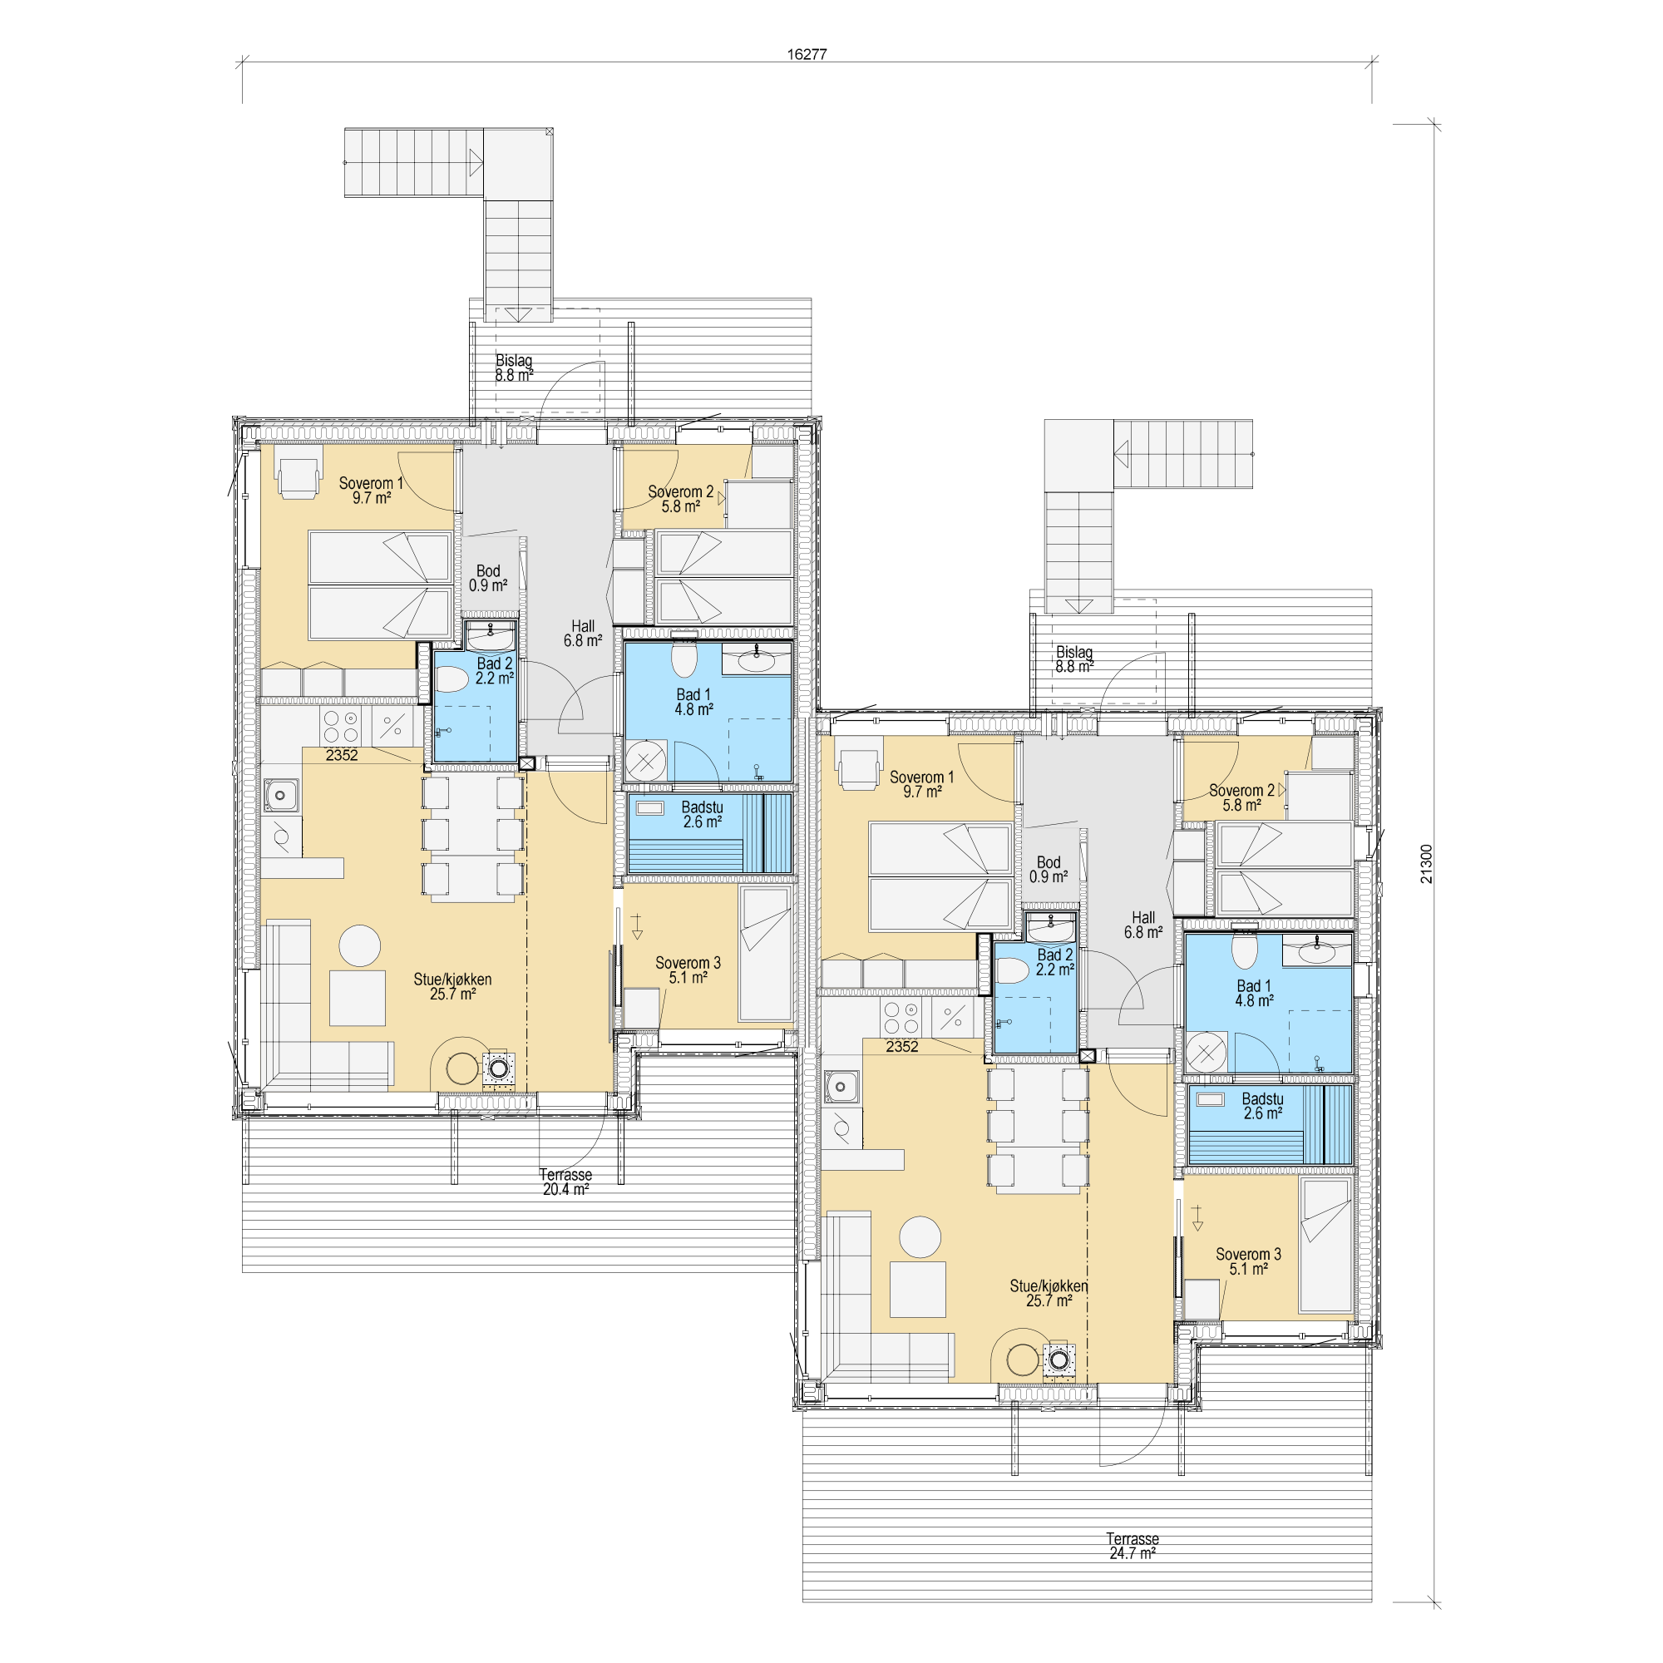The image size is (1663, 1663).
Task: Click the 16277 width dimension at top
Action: tap(807, 54)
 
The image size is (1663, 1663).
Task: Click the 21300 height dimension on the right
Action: tap(1426, 863)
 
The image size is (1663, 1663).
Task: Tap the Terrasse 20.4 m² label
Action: tap(565, 1182)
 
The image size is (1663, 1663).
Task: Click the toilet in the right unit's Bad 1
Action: tap(1245, 950)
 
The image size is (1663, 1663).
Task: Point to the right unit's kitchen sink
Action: tap(841, 1086)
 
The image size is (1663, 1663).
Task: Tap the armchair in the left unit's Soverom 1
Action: tap(299, 476)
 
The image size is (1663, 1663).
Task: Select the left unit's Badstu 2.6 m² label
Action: tap(703, 814)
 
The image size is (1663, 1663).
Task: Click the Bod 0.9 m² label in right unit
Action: tap(1049, 870)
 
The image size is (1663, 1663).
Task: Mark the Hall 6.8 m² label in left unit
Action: tap(583, 634)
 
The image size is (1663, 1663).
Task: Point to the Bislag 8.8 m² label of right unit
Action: tap(1074, 659)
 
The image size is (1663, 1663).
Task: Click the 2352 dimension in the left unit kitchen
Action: tap(342, 755)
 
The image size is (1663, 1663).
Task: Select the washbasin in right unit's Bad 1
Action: tap(1316, 953)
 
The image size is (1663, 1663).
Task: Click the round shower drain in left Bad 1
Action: tap(645, 761)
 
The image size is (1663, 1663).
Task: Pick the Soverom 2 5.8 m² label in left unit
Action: tap(681, 499)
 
